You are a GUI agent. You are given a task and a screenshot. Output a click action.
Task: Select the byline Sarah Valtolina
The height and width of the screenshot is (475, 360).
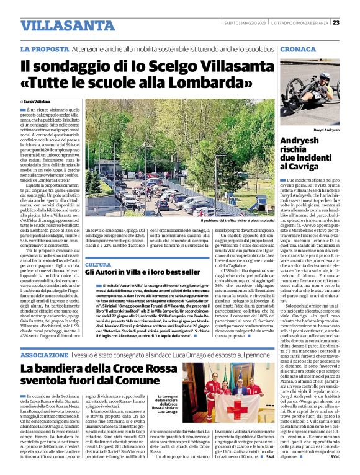tap(37, 100)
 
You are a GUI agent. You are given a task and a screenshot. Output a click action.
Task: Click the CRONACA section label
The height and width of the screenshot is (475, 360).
tap(298, 48)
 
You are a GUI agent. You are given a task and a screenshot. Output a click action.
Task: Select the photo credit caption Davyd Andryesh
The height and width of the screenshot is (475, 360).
tap(326, 131)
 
